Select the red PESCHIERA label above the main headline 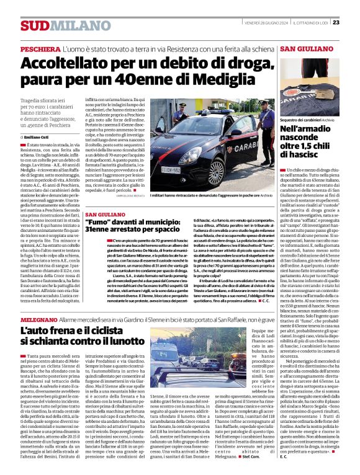(41, 48)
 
